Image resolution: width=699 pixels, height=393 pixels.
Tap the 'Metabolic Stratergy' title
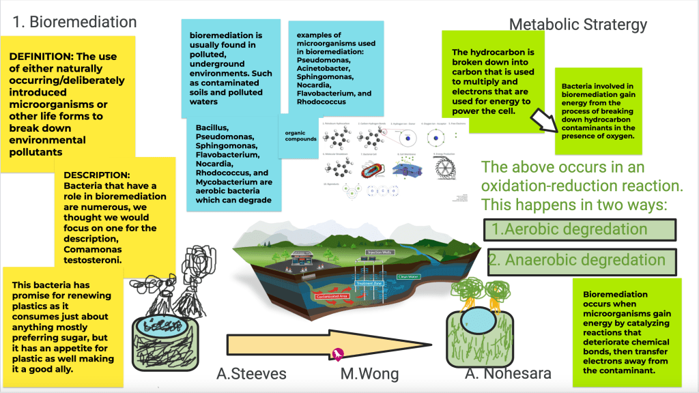[x=578, y=25]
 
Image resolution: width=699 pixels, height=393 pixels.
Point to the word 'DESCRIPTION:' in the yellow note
[x=96, y=175]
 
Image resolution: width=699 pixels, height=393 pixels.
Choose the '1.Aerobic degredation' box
[x=580, y=230]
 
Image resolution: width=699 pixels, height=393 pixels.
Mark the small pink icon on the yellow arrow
[x=337, y=353]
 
